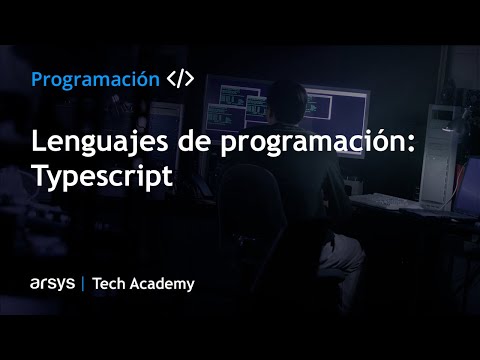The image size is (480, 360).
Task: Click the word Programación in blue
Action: (x=95, y=79)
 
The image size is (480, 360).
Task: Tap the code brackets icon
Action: (x=180, y=79)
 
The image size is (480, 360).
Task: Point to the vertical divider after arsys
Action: (x=82, y=283)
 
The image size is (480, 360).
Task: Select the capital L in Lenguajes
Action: (x=40, y=142)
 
